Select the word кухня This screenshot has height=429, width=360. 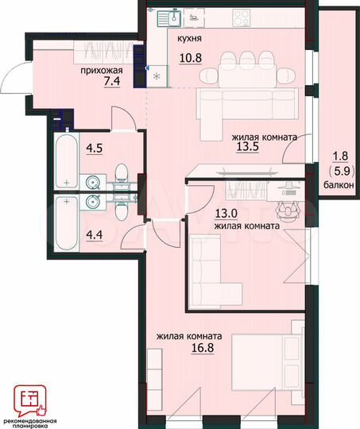click(x=189, y=38)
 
